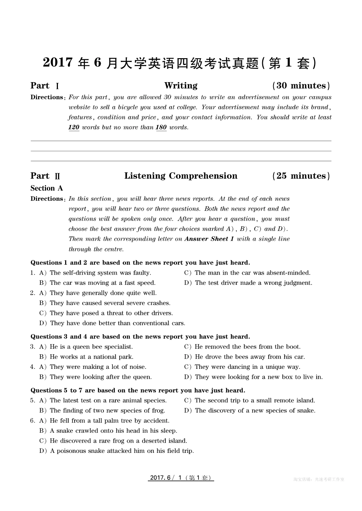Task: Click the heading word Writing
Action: coord(181,86)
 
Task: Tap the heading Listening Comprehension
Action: coord(181,176)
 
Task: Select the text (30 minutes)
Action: coord(301,86)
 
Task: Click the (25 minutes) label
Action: coord(301,176)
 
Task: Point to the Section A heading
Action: coord(46,188)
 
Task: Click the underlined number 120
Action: coord(74,127)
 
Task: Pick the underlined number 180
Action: coord(161,127)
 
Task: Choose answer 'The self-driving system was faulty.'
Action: coord(100,273)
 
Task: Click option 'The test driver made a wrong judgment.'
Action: coord(253,283)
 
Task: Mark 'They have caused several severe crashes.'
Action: coord(110,303)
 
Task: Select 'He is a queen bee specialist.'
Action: coord(91,347)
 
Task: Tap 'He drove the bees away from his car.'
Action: coord(250,357)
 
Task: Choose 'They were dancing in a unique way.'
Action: coord(247,367)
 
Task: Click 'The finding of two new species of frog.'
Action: coord(107,411)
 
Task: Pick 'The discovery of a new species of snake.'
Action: coord(255,411)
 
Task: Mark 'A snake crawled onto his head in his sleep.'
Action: coord(113,431)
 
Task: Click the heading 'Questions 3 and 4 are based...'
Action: coord(140,337)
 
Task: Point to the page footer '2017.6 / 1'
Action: coord(181,478)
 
